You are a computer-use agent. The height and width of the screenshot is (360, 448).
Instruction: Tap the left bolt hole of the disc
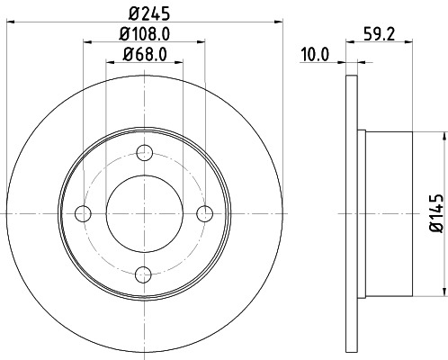coord(83,213)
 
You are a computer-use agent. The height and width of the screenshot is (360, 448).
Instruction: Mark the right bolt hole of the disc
coord(205,213)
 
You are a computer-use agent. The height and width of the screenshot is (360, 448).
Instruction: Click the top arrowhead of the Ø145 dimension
coord(444,134)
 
